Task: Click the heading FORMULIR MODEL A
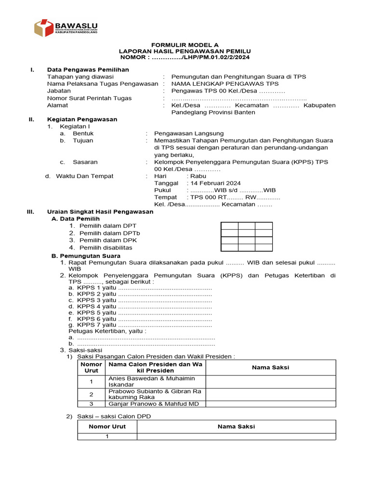pyautogui.click(x=185, y=44)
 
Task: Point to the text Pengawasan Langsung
pyautogui.click(x=189, y=133)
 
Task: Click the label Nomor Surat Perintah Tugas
pyautogui.click(x=89, y=98)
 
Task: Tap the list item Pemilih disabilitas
pyautogui.click(x=106, y=247)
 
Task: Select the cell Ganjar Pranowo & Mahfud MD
pyautogui.click(x=154, y=404)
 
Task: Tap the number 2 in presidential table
pyautogui.click(x=91, y=394)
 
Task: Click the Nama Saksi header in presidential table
pyautogui.click(x=270, y=367)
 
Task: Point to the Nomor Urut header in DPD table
pyautogui.click(x=107, y=427)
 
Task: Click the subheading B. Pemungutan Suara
pyautogui.click(x=86, y=256)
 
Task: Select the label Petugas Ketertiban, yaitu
pyautogui.click(x=107, y=331)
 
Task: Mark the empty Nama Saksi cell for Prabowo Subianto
pyautogui.click(x=270, y=394)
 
